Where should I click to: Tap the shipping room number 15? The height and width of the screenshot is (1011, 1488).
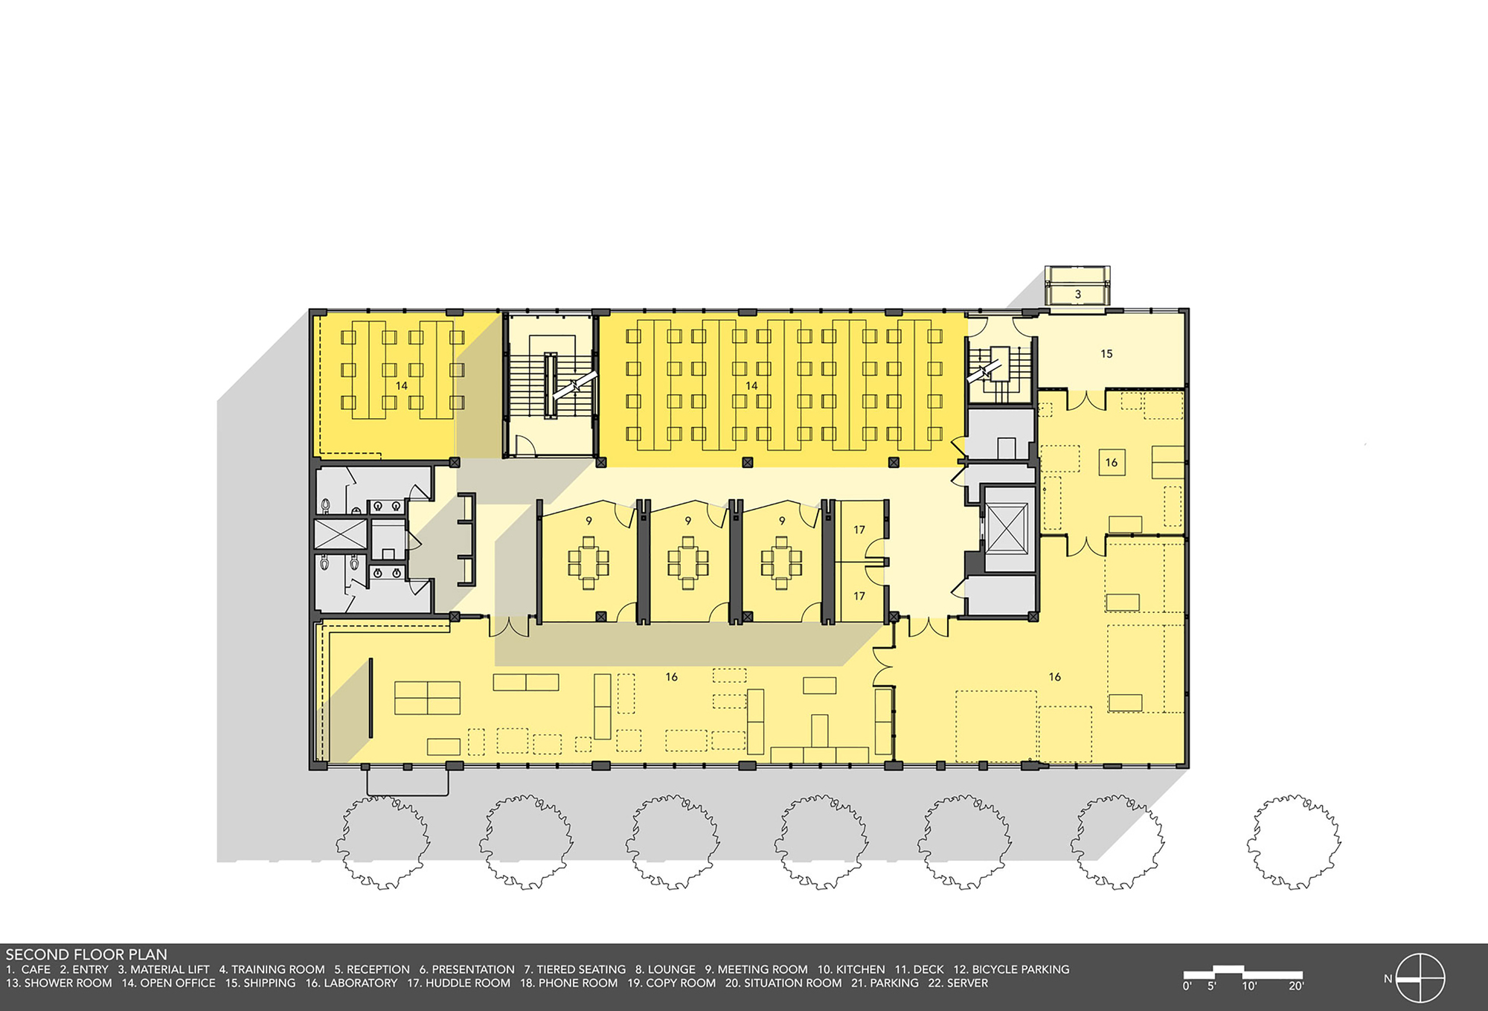(x=1106, y=354)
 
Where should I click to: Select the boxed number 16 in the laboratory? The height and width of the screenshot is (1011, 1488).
(x=1111, y=463)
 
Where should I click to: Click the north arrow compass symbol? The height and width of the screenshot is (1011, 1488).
(x=1420, y=978)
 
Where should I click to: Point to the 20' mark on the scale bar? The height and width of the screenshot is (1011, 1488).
(x=1296, y=986)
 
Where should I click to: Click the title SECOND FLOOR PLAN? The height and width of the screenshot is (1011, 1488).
(x=86, y=954)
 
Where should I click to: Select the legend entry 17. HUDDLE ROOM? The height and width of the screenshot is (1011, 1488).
(x=458, y=983)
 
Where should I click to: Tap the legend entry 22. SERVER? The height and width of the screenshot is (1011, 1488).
(x=958, y=983)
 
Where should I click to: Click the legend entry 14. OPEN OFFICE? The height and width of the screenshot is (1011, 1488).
(x=168, y=983)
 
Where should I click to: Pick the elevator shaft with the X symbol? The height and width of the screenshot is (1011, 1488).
(x=1007, y=528)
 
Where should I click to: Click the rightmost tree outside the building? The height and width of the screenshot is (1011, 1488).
(x=1293, y=841)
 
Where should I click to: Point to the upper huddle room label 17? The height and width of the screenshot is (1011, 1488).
(x=859, y=530)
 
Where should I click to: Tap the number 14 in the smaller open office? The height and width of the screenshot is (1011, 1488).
(x=402, y=385)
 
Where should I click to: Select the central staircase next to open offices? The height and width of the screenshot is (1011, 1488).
(x=551, y=385)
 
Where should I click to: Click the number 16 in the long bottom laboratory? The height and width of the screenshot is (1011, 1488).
(x=671, y=677)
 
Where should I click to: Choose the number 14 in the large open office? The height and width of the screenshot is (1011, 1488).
(x=751, y=385)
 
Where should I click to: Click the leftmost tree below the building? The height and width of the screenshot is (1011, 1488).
(x=382, y=841)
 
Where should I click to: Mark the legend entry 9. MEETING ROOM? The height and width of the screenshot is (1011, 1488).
(x=756, y=969)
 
